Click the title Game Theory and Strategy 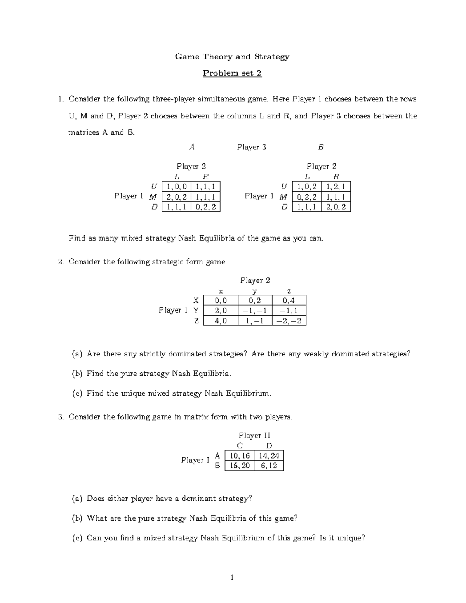(x=232, y=57)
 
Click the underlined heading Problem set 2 (x=232, y=73)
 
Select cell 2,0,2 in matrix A (x=177, y=197)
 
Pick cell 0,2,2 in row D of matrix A (x=205, y=207)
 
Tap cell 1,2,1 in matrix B (x=336, y=187)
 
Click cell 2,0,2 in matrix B (x=336, y=207)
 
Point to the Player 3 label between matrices (x=252, y=147)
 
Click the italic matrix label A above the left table (x=191, y=147)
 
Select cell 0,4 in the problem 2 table (x=289, y=300)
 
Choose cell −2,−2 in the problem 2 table (x=289, y=321)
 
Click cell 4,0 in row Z (x=221, y=321)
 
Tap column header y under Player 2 (x=255, y=291)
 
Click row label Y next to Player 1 (x=196, y=310)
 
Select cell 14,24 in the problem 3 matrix (x=269, y=455)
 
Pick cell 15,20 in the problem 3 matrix (x=240, y=466)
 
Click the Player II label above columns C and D (x=254, y=436)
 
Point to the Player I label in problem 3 (x=195, y=460)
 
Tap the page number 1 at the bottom (x=232, y=578)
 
